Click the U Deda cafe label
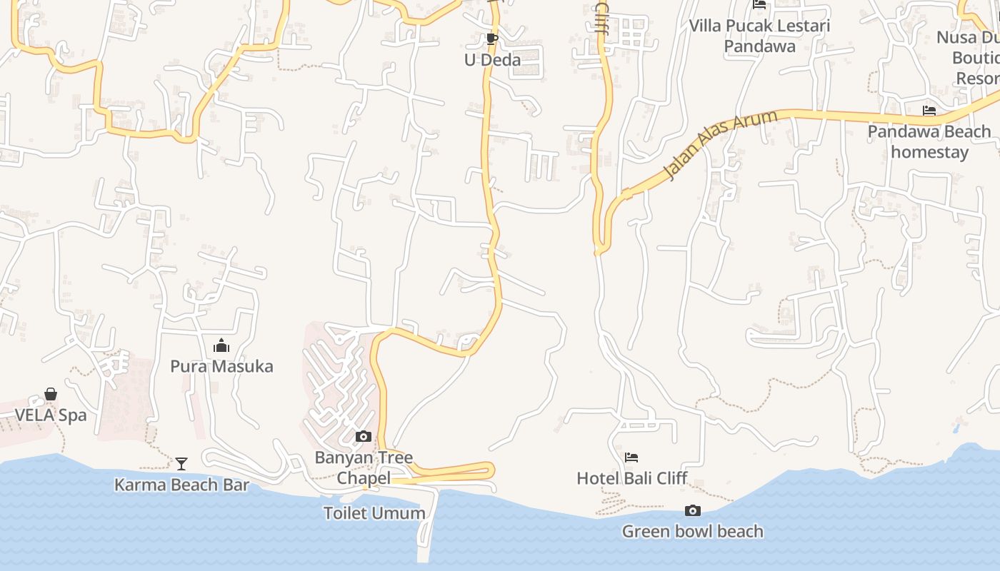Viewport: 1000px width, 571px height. [492, 60]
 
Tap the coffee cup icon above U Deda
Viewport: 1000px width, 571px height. [491, 39]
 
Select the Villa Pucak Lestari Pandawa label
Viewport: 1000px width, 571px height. [759, 36]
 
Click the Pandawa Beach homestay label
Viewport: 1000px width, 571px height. [929, 141]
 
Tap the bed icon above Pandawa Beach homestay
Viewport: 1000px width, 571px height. [929, 111]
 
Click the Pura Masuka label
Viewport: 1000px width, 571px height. [221, 367]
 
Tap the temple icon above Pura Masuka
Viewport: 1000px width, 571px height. [221, 346]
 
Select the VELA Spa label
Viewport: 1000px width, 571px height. [51, 415]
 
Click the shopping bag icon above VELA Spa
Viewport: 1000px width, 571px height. [51, 394]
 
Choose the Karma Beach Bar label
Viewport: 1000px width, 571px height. [181, 485]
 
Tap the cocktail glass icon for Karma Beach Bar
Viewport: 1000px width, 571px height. [181, 464]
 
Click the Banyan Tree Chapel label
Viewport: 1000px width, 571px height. [364, 468]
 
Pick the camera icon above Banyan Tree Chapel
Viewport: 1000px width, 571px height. [364, 436]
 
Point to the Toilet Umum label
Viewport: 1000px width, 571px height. [374, 513]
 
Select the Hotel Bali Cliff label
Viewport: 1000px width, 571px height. [631, 478]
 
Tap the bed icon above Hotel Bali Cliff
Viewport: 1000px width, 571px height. [631, 458]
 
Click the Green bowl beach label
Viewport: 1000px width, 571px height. [692, 532]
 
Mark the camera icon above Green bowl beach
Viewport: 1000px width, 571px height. [692, 510]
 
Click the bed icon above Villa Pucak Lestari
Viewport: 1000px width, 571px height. [759, 4]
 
